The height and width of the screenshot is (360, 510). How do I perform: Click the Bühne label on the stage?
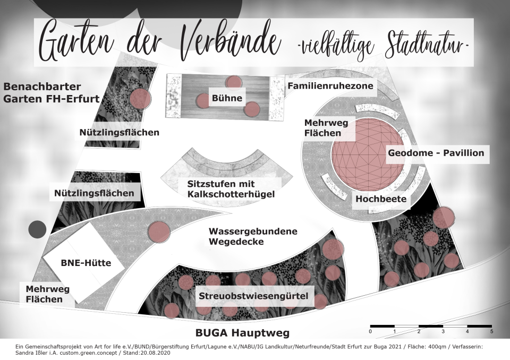(x=227, y=98)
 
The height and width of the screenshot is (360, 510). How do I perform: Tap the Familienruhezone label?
(x=330, y=86)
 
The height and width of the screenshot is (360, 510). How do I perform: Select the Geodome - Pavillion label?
(x=436, y=153)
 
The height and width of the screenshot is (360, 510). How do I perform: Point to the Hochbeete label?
(x=381, y=199)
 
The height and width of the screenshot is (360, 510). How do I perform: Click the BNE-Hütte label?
(x=86, y=263)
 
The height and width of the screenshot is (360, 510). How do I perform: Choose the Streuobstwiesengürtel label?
(x=253, y=296)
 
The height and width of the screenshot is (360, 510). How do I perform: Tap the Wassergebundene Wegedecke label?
(x=253, y=236)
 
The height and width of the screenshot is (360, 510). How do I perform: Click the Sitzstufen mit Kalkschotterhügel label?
(x=231, y=189)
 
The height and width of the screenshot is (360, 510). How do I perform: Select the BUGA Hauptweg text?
(x=242, y=333)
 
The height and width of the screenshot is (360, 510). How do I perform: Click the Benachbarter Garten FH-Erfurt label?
(x=52, y=93)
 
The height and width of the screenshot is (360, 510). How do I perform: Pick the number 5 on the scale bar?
(x=491, y=332)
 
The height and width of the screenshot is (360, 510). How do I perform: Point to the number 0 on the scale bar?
(x=370, y=332)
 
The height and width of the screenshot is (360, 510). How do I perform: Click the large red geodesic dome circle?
(x=368, y=155)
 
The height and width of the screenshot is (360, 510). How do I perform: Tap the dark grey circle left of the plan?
(x=37, y=229)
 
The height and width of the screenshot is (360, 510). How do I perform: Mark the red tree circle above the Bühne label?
(x=233, y=82)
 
